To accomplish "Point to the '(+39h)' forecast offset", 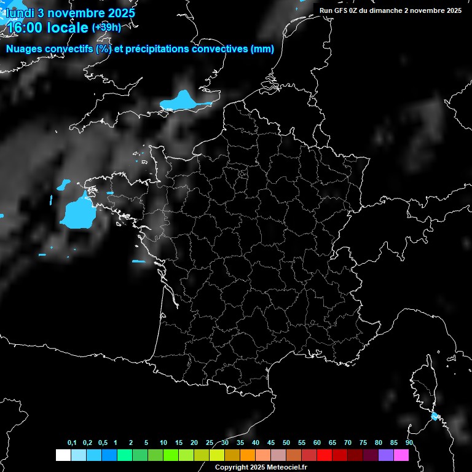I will (x=106, y=28).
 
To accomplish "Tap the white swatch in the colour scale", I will (x=63, y=455).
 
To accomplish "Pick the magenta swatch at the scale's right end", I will (x=401, y=455).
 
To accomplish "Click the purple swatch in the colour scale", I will (x=386, y=455).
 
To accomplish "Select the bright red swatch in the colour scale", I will (x=324, y=455).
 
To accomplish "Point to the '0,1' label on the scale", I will (x=72, y=442).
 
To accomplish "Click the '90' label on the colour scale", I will (x=409, y=442).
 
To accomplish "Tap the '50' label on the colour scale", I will (x=286, y=442).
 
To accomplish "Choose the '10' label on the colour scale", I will (x=163, y=442).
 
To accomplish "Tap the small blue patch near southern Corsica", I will (x=435, y=417).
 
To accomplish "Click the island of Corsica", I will (x=423, y=387).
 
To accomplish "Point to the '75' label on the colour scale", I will (x=363, y=442).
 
